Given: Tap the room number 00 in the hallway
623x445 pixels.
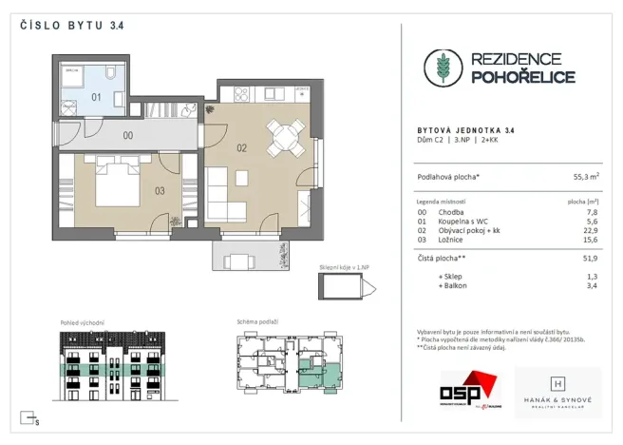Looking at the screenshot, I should [x=128, y=135].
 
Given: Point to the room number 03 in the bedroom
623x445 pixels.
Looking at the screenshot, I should [x=160, y=191].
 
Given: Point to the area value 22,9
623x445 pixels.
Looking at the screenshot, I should [x=592, y=230].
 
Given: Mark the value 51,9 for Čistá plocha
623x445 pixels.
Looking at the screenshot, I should [x=592, y=257].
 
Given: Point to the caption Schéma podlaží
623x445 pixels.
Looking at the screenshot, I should [x=257, y=322].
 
